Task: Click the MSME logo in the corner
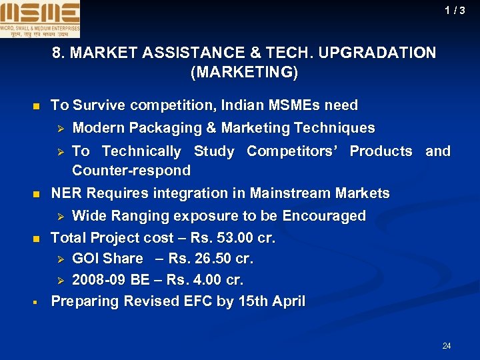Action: pos(40,19)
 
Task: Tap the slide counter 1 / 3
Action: pos(455,11)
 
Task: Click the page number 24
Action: pos(447,345)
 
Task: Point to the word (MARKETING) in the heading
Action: pos(244,72)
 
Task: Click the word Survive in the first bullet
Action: pos(97,105)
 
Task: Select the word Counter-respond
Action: pos(131,171)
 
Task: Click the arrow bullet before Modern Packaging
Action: pos(59,128)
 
